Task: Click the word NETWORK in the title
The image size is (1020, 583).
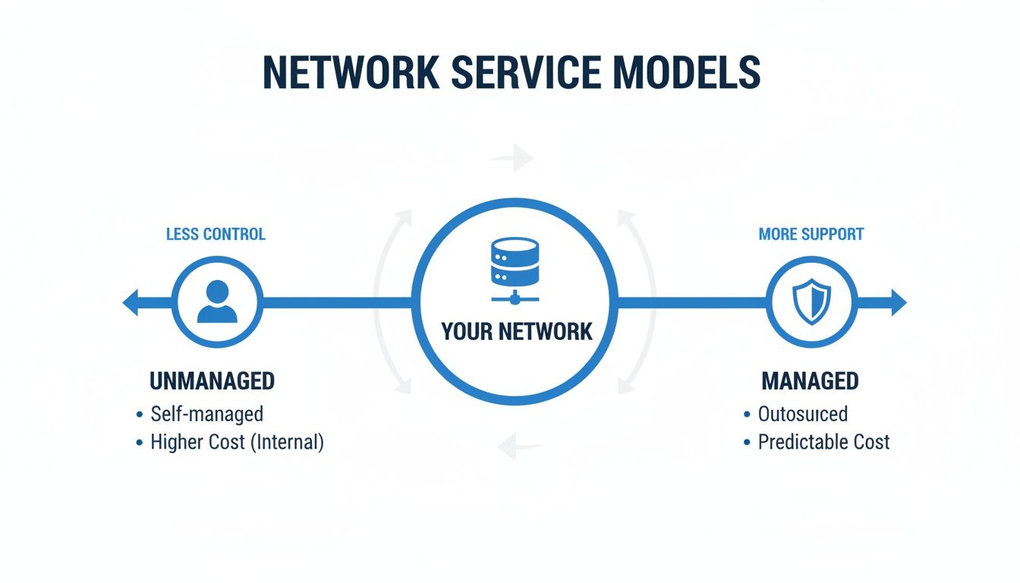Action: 350,73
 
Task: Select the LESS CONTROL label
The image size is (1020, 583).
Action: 216,234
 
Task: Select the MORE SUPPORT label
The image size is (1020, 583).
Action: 811,234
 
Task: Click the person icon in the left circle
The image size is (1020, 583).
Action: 217,301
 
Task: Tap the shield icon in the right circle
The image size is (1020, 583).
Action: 811,301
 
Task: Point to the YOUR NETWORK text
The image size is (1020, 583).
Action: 516,332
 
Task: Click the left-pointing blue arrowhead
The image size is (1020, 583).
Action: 132,302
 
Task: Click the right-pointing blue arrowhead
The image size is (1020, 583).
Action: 898,302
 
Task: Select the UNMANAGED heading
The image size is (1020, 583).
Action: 212,381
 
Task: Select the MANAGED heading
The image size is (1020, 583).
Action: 810,381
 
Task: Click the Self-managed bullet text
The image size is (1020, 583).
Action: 206,414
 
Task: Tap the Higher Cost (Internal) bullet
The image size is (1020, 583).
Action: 237,442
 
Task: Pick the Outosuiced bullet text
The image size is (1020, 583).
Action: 803,414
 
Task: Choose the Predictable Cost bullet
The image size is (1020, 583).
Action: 823,442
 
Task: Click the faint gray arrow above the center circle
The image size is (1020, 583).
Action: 512,159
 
